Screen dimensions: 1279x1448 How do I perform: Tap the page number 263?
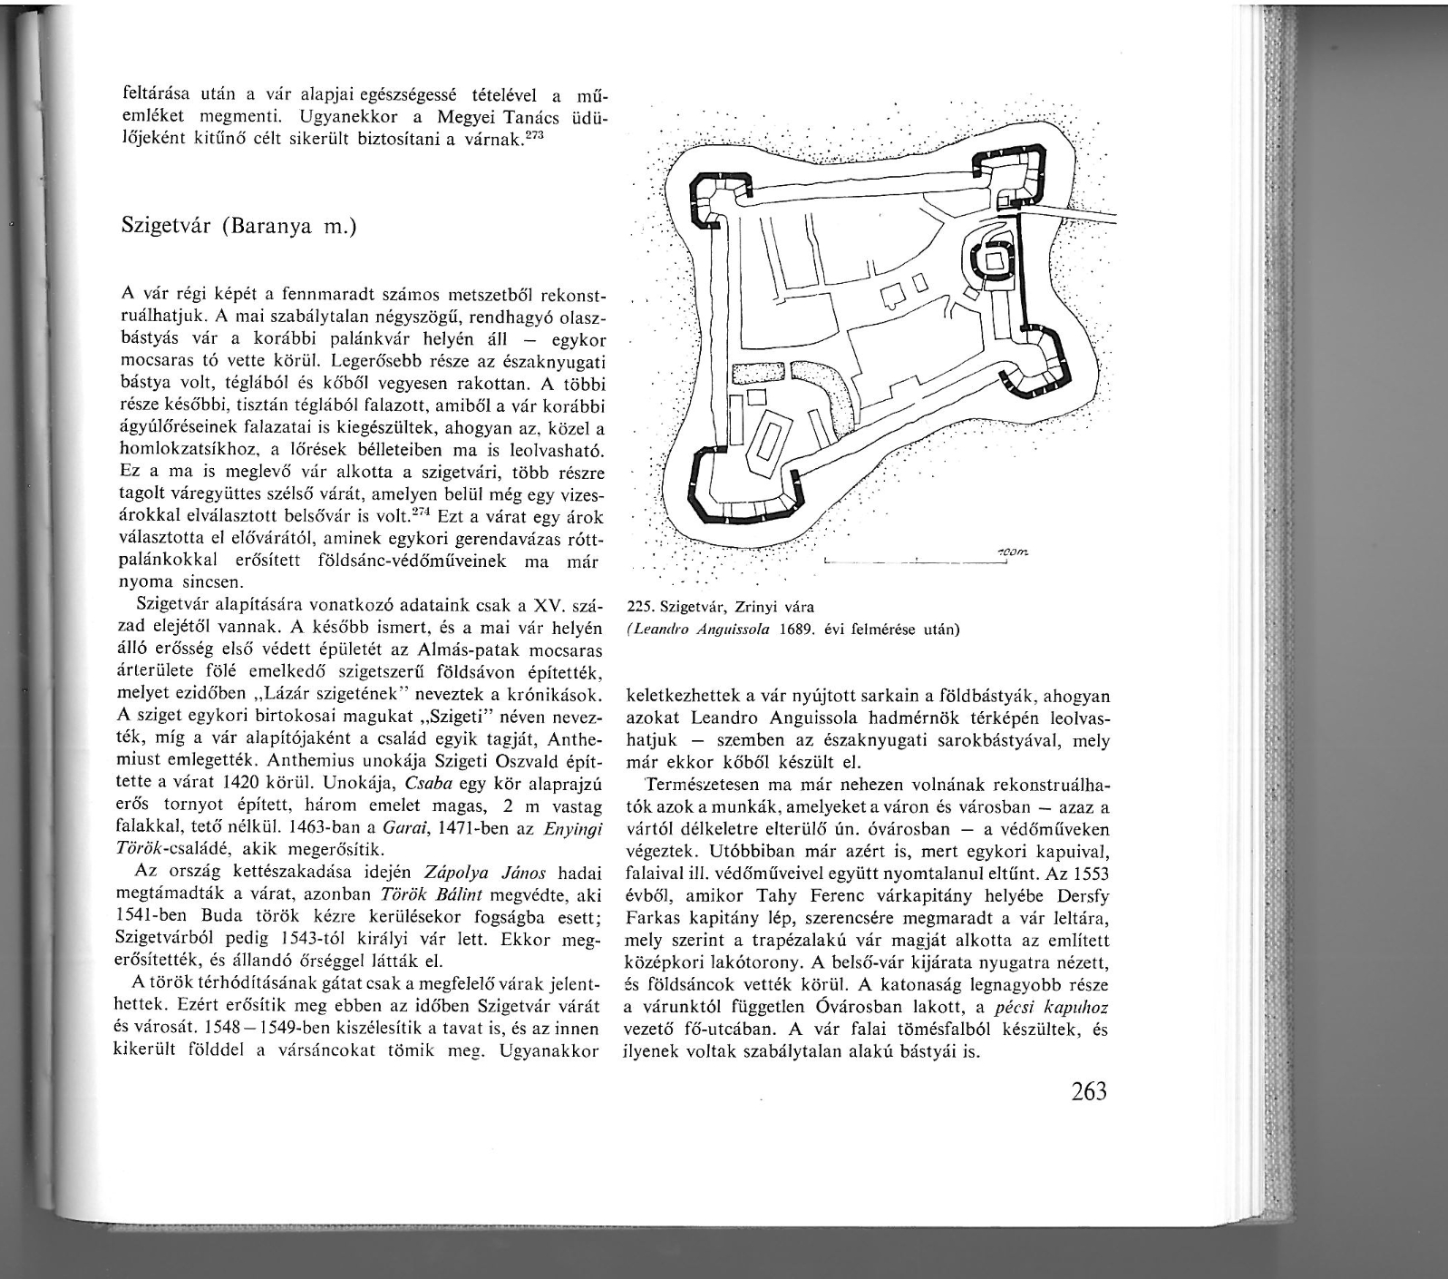(1088, 1092)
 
